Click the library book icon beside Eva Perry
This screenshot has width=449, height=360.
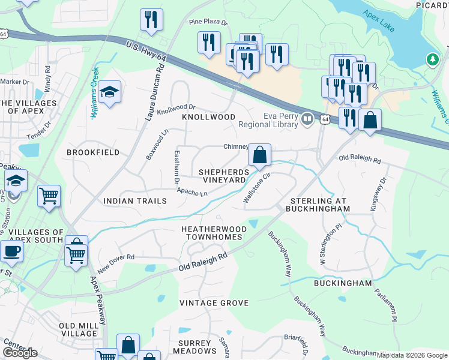(307, 119)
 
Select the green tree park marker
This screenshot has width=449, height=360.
(432, 60)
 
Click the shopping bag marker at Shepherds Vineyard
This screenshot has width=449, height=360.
(259, 155)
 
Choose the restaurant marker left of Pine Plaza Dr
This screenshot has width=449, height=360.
(151, 20)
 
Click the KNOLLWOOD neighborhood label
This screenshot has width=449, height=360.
(208, 117)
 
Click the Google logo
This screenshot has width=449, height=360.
(20, 353)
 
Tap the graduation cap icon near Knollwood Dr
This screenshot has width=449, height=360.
(109, 92)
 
